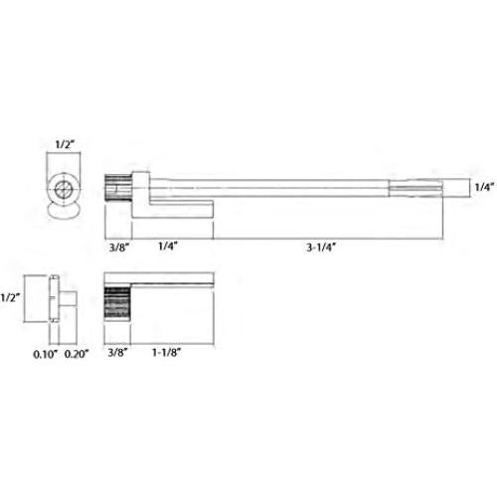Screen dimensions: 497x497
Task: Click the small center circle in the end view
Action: tap(64, 187)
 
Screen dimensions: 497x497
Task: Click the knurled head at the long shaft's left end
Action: tap(116, 186)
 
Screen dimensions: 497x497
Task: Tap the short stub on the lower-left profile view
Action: tap(69, 296)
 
